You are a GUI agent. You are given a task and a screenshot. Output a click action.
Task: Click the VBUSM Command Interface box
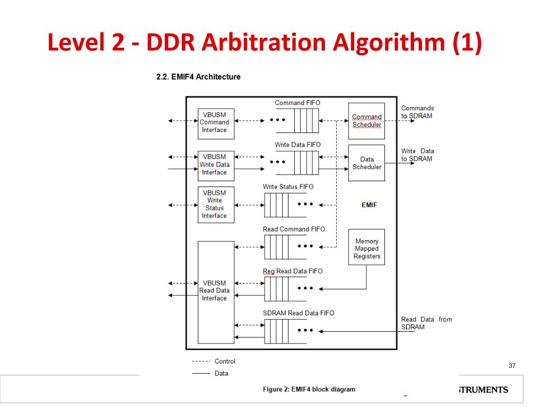coord(215,123)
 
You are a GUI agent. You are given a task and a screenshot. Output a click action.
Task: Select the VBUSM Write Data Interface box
coord(215,165)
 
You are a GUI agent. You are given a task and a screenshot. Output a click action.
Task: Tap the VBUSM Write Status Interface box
coord(215,205)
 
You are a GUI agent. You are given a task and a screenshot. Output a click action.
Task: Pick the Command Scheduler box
coord(366,121)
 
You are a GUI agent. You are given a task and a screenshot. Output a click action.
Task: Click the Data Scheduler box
coord(366,163)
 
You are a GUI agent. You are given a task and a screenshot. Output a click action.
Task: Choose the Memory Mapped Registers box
coord(366,249)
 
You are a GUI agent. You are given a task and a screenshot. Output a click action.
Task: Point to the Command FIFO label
coord(297,103)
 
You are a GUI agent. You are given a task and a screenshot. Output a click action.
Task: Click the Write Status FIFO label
coord(288,187)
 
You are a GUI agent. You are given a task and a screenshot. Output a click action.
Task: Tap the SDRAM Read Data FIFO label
coord(299,313)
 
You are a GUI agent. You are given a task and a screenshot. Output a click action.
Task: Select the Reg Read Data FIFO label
coord(292,271)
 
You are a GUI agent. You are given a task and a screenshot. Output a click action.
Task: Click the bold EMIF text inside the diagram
coord(369,205)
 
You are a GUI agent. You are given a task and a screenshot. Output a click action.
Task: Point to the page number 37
coord(512,366)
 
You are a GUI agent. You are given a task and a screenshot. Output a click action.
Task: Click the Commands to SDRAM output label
coord(417,112)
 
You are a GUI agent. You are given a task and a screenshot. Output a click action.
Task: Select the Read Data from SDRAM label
coord(426,323)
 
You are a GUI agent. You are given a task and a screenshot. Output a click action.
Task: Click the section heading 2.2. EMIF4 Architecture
coord(198,77)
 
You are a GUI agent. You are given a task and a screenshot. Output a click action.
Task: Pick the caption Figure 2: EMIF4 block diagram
coord(309,390)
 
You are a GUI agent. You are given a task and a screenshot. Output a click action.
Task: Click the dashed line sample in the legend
coord(200,361)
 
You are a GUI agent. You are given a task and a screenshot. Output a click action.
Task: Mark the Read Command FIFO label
coord(294,229)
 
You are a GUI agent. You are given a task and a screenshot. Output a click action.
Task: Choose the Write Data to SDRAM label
coord(417,155)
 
